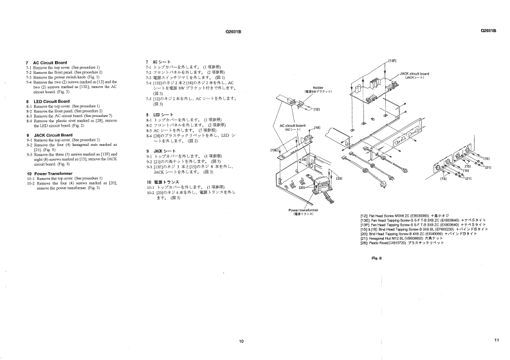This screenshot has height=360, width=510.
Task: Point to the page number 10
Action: click(241, 340)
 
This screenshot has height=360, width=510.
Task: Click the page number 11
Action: click(496, 340)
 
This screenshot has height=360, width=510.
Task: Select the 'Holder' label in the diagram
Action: click(318, 87)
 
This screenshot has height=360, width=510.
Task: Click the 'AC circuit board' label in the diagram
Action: click(292, 125)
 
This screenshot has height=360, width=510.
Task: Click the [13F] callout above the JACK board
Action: click(392, 60)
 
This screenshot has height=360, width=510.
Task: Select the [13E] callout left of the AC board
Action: click(273, 150)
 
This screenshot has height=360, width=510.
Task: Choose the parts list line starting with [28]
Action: click(402, 242)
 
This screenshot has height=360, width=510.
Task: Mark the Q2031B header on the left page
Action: click(233, 32)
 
